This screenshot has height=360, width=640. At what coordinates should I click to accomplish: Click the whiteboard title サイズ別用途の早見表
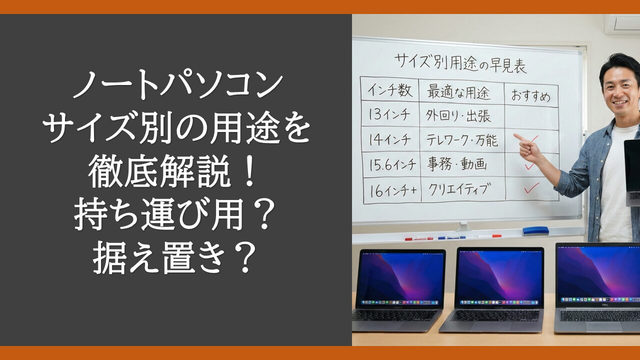(x=460, y=65)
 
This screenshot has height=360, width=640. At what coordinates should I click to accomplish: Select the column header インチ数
(x=390, y=90)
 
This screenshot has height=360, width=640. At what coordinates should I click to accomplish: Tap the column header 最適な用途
(x=459, y=92)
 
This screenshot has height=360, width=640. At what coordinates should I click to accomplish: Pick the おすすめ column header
(x=531, y=96)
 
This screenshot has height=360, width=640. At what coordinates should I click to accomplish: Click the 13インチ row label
(x=389, y=115)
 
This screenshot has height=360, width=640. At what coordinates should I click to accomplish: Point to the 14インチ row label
(x=389, y=139)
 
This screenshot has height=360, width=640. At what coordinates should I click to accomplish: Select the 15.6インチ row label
(x=392, y=164)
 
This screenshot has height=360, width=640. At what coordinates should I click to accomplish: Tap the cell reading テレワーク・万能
(x=462, y=140)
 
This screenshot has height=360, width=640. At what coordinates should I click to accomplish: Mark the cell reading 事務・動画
(x=457, y=165)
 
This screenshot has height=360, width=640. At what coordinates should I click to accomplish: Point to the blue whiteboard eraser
(x=535, y=231)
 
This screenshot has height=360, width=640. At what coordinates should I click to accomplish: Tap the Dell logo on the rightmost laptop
(x=603, y=305)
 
